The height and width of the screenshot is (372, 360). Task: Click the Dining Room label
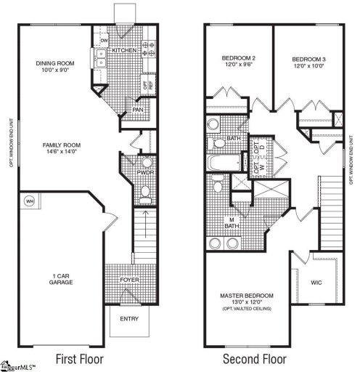pos(55,63)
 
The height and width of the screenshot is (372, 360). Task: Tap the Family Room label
pos(61,145)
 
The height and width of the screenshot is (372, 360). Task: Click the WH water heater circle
pos(30,201)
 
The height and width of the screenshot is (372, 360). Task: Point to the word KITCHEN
pos(125,50)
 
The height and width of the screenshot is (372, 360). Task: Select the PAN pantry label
pos(136,111)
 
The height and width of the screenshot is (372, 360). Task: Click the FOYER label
pos(129,280)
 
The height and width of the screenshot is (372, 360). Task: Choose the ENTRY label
pos(128,318)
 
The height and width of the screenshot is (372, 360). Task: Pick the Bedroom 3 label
pos(307,59)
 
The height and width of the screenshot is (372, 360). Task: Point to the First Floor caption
pos(80,358)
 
